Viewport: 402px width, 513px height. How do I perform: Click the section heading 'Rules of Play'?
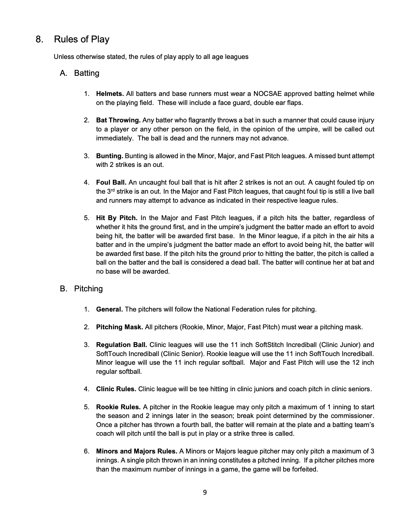[x=82, y=39]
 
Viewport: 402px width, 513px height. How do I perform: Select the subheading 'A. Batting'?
[x=80, y=73]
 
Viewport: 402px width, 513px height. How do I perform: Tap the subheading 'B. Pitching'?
[x=81, y=289]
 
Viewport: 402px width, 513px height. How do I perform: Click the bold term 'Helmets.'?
[x=110, y=94]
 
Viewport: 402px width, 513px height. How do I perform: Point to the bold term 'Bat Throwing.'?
[x=118, y=120]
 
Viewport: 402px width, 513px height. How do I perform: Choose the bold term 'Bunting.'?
[x=110, y=156]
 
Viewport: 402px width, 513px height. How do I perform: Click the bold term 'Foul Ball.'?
[x=111, y=183]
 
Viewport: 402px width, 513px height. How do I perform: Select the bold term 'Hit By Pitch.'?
[x=116, y=218]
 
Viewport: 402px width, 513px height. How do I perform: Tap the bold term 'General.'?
[x=109, y=309]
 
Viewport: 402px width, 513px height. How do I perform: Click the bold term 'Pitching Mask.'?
[x=119, y=327]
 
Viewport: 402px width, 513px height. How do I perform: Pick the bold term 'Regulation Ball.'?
[x=122, y=345]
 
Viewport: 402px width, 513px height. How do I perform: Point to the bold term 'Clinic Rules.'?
[x=116, y=389]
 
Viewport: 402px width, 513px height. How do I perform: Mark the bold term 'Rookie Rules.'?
[x=118, y=407]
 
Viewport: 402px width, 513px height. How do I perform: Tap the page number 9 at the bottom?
[x=205, y=493]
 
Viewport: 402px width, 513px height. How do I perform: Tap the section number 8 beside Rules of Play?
[x=39, y=39]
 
